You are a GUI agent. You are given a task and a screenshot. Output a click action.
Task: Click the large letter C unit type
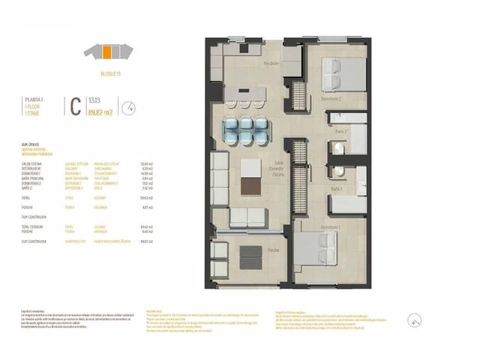pos(75,106)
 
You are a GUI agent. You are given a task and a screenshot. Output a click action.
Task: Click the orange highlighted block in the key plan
pos(108,52)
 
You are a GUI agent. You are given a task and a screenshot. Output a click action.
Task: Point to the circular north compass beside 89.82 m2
pos(129,107)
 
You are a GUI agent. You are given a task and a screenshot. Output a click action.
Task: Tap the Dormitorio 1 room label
pos(331,226)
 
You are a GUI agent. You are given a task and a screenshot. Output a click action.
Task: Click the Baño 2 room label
pos(340,131)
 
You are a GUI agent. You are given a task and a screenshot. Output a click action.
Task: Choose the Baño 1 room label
pos(337,189)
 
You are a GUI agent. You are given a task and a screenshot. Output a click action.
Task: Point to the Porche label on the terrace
pos(253,250)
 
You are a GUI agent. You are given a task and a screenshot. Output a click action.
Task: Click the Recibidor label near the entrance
pos(271,64)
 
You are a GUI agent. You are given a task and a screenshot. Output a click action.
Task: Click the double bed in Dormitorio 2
pos(340,75)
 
